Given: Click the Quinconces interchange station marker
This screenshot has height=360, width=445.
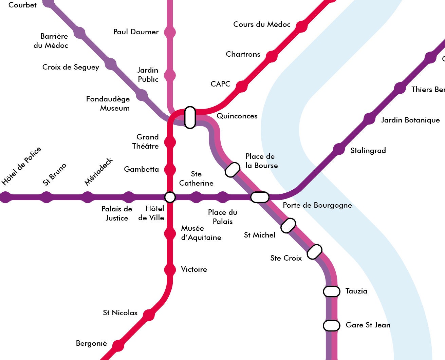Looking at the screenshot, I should coord(190,117).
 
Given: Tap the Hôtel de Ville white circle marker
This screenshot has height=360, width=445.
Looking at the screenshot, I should coord(170,197).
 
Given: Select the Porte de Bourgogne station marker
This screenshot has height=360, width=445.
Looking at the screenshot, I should coord(260,197).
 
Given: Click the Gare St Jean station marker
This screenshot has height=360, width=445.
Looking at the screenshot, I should coord(331,325).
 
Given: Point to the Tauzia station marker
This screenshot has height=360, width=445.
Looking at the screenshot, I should coord(331,291).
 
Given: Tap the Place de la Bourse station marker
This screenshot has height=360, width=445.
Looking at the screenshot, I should coord(233,170).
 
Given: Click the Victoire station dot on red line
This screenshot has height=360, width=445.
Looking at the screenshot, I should coord(170,270).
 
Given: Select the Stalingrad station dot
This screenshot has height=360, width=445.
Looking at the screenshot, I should coord(338,150).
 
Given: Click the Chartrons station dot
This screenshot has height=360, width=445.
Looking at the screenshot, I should coord(271,57).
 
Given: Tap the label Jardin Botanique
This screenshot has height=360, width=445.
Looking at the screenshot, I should coord(410,120).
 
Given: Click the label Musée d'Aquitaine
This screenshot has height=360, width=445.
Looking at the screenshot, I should coord(201,233).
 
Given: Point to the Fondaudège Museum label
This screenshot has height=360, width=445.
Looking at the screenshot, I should coord(108,103).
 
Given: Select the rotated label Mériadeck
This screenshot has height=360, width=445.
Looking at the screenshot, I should coord(98,172).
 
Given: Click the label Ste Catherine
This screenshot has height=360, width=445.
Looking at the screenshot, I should coord(196,178).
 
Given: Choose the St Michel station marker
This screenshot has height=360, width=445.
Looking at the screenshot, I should coord(288,225).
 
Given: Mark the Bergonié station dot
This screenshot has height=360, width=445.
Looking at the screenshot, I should coord(118,345).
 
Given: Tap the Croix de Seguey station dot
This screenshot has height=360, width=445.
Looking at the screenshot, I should coord(110,64).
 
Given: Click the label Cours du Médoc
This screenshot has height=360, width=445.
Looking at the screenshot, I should coord(262,24).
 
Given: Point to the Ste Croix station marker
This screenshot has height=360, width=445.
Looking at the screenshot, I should coord(314,251).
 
